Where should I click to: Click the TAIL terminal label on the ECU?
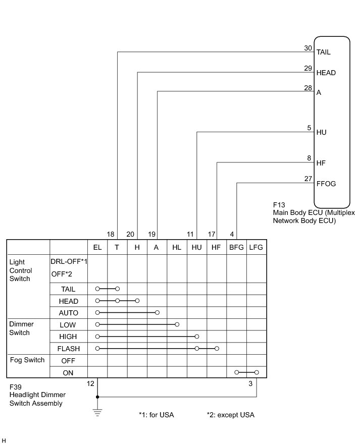click(x=324, y=52)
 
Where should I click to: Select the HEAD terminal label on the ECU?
click(x=326, y=73)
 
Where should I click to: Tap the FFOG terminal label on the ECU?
click(x=326, y=184)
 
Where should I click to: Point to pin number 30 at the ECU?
click(x=307, y=48)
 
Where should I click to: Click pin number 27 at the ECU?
click(x=307, y=179)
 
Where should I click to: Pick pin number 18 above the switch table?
click(x=111, y=235)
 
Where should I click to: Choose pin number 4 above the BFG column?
click(x=232, y=235)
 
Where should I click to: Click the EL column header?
click(x=97, y=247)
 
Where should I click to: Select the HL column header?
click(x=177, y=247)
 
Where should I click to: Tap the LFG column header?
click(x=256, y=247)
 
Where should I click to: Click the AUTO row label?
click(x=68, y=313)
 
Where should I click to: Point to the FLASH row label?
click(x=68, y=349)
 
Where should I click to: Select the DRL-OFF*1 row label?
click(x=69, y=261)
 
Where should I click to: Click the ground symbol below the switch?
click(x=97, y=412)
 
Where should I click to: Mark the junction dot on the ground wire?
click(x=97, y=397)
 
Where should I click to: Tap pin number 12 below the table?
click(x=90, y=384)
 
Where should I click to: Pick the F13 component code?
click(x=279, y=205)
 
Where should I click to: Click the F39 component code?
click(x=16, y=386)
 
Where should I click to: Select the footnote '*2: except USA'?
click(x=230, y=415)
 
